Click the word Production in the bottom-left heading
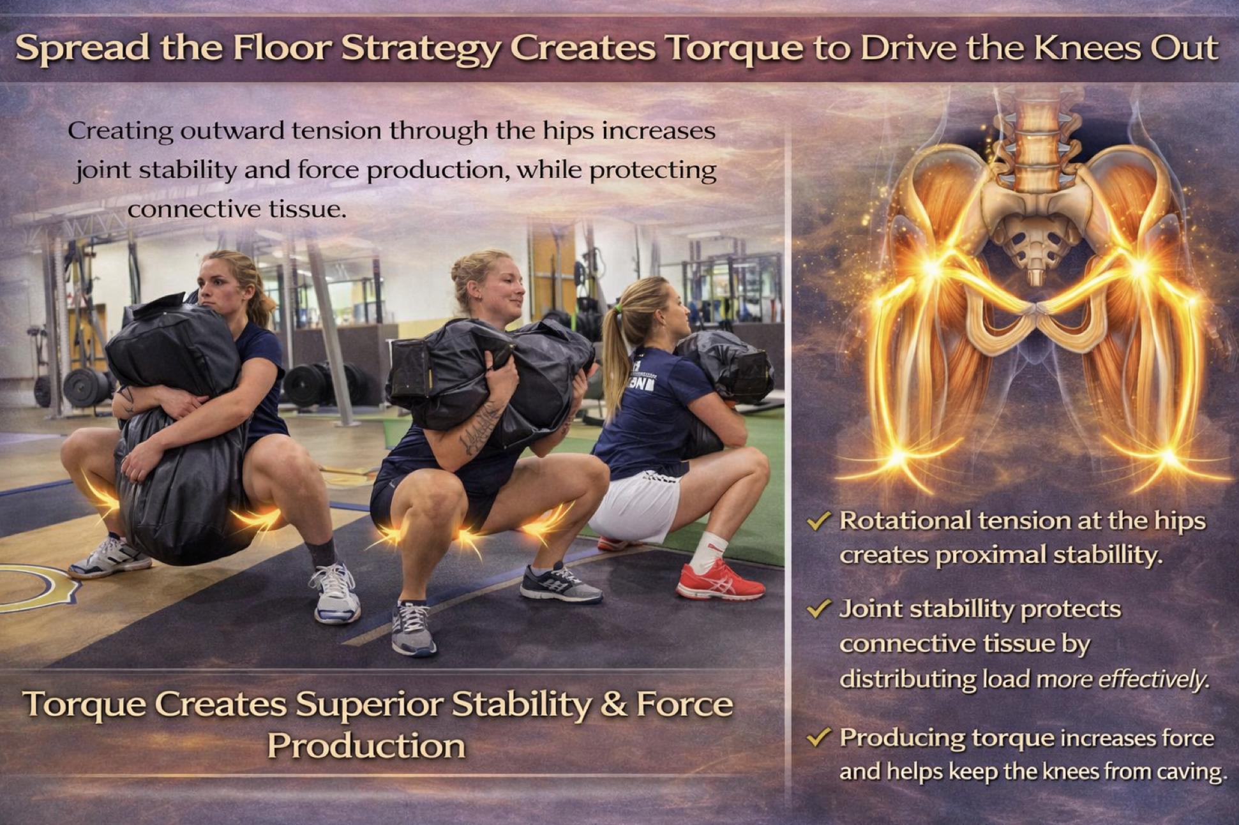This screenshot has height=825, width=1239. pos(366,745)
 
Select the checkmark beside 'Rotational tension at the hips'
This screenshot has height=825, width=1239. pos(818,521)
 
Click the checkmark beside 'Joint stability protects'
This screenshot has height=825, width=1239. pos(818,609)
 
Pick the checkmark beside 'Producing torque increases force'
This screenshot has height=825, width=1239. pos(818,738)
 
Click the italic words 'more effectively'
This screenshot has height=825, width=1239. pos(1123,680)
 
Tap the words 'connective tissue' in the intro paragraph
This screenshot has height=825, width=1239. pos(236,209)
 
